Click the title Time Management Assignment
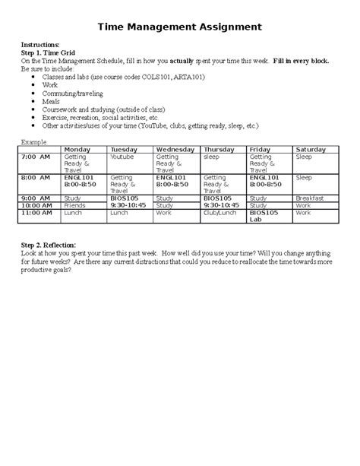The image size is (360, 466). click(x=180, y=27)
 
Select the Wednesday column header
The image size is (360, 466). click(x=175, y=149)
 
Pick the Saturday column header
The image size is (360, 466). click(x=311, y=149)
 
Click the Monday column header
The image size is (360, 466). click(x=78, y=149)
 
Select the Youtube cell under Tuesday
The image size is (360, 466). click(x=122, y=156)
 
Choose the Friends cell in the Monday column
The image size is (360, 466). click(x=75, y=205)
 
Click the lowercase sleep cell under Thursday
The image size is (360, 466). click(x=211, y=156)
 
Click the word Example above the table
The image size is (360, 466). click(x=33, y=142)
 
